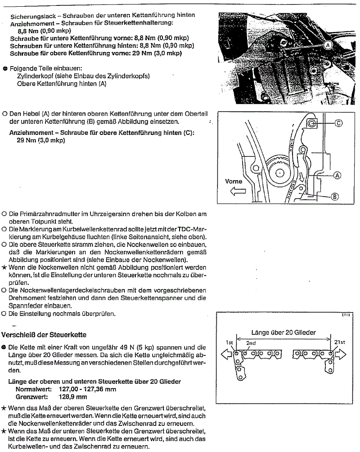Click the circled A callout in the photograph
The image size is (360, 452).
pyautogui.click(x=328, y=45)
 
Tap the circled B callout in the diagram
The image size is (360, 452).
pyautogui.click(x=335, y=197)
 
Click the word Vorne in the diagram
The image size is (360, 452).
pyautogui.click(x=234, y=182)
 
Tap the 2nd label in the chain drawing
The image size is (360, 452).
pyautogui.click(x=251, y=343)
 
